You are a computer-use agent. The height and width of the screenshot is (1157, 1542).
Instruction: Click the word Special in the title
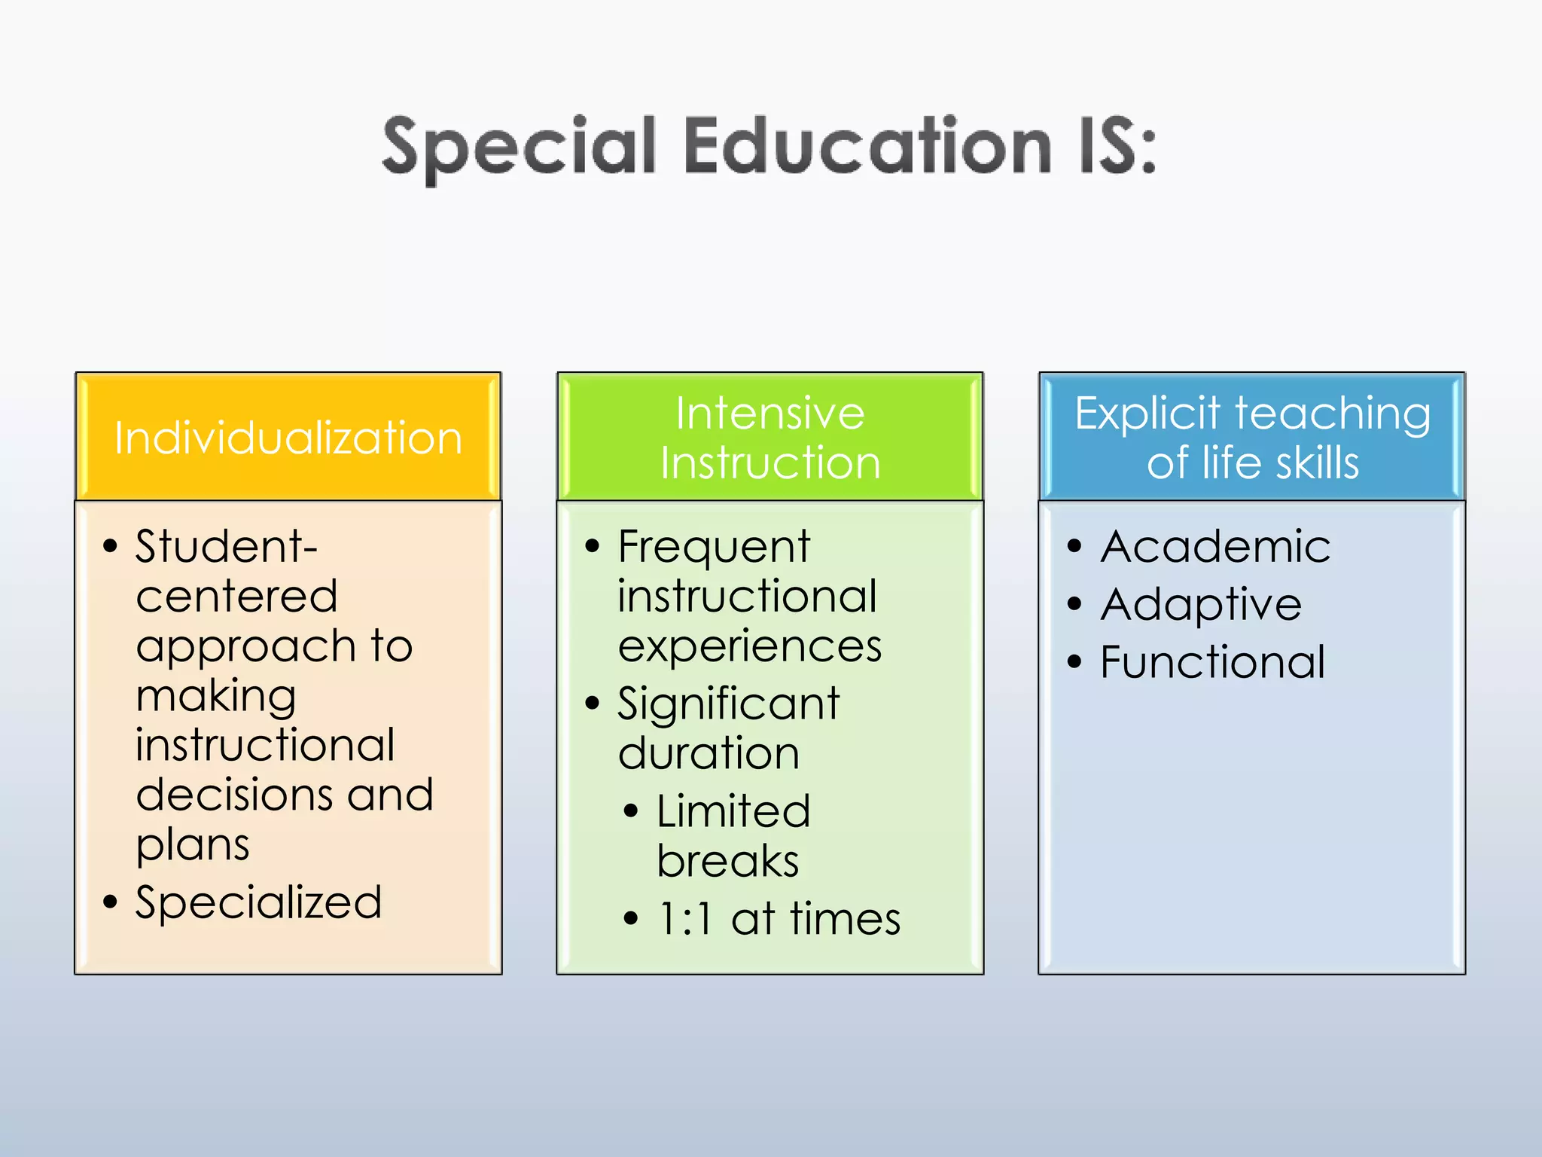520,147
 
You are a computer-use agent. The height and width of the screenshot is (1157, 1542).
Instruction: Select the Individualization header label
288,438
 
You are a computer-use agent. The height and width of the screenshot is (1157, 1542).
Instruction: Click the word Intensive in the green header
770,413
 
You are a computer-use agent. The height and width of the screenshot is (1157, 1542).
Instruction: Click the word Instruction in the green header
770,462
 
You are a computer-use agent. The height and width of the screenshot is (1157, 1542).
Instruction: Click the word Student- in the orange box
226,546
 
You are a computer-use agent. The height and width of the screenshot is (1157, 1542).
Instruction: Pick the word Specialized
258,902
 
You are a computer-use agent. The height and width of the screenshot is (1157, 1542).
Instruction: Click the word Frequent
714,547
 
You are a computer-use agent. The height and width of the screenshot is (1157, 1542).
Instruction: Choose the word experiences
750,646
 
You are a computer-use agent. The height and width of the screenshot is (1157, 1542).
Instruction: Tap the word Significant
728,704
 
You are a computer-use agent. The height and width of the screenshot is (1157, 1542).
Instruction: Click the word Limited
733,811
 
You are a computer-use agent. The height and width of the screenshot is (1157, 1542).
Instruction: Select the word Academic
1215,546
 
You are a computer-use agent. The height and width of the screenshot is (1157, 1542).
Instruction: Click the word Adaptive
1201,604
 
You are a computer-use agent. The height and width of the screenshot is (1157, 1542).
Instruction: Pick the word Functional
1212,662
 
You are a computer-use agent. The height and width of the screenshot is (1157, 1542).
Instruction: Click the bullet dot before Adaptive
1074,603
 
